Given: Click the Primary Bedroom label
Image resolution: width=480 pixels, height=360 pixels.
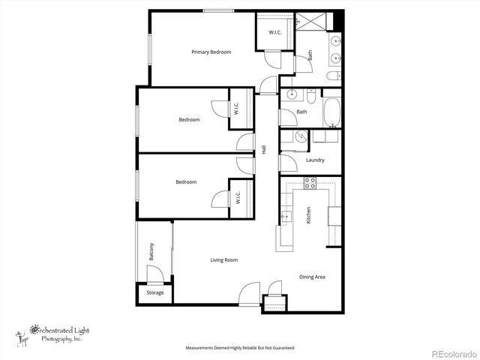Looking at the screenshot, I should pos(211,52).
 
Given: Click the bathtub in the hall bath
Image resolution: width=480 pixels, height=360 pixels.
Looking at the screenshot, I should pos(332,112).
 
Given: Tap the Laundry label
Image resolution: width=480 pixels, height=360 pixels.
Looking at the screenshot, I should pos(315,160).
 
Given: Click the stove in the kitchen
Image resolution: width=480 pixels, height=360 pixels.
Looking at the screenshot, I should pos(310,183).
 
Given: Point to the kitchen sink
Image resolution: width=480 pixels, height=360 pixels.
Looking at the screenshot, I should pos(286,217).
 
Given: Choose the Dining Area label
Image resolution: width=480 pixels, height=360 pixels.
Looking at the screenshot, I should pos(312,277).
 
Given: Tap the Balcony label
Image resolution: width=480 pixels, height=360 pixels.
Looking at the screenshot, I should pos(151,250).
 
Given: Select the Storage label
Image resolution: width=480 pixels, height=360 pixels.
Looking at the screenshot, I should pos(154,292).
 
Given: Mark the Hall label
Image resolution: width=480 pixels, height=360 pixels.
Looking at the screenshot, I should pos(263,150).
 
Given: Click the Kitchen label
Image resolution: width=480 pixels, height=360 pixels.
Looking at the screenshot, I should pos(308,215).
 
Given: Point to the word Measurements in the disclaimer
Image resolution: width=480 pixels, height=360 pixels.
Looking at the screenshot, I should pos(201,348).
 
